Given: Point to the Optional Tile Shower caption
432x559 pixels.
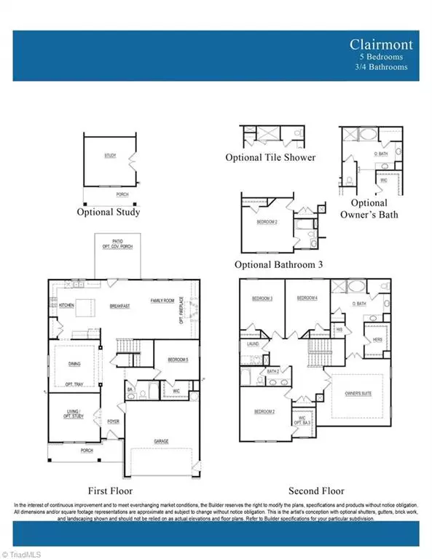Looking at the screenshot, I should point(270,158).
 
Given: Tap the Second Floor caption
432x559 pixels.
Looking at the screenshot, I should point(316,491).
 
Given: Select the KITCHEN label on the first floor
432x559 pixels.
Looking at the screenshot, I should point(67,306).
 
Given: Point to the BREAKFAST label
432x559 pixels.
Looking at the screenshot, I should point(119,306).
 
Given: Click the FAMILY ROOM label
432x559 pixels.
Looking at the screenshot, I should point(164,301).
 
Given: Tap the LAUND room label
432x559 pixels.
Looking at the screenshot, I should point(254,344).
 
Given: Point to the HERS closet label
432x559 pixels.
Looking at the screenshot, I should point(377,339).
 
